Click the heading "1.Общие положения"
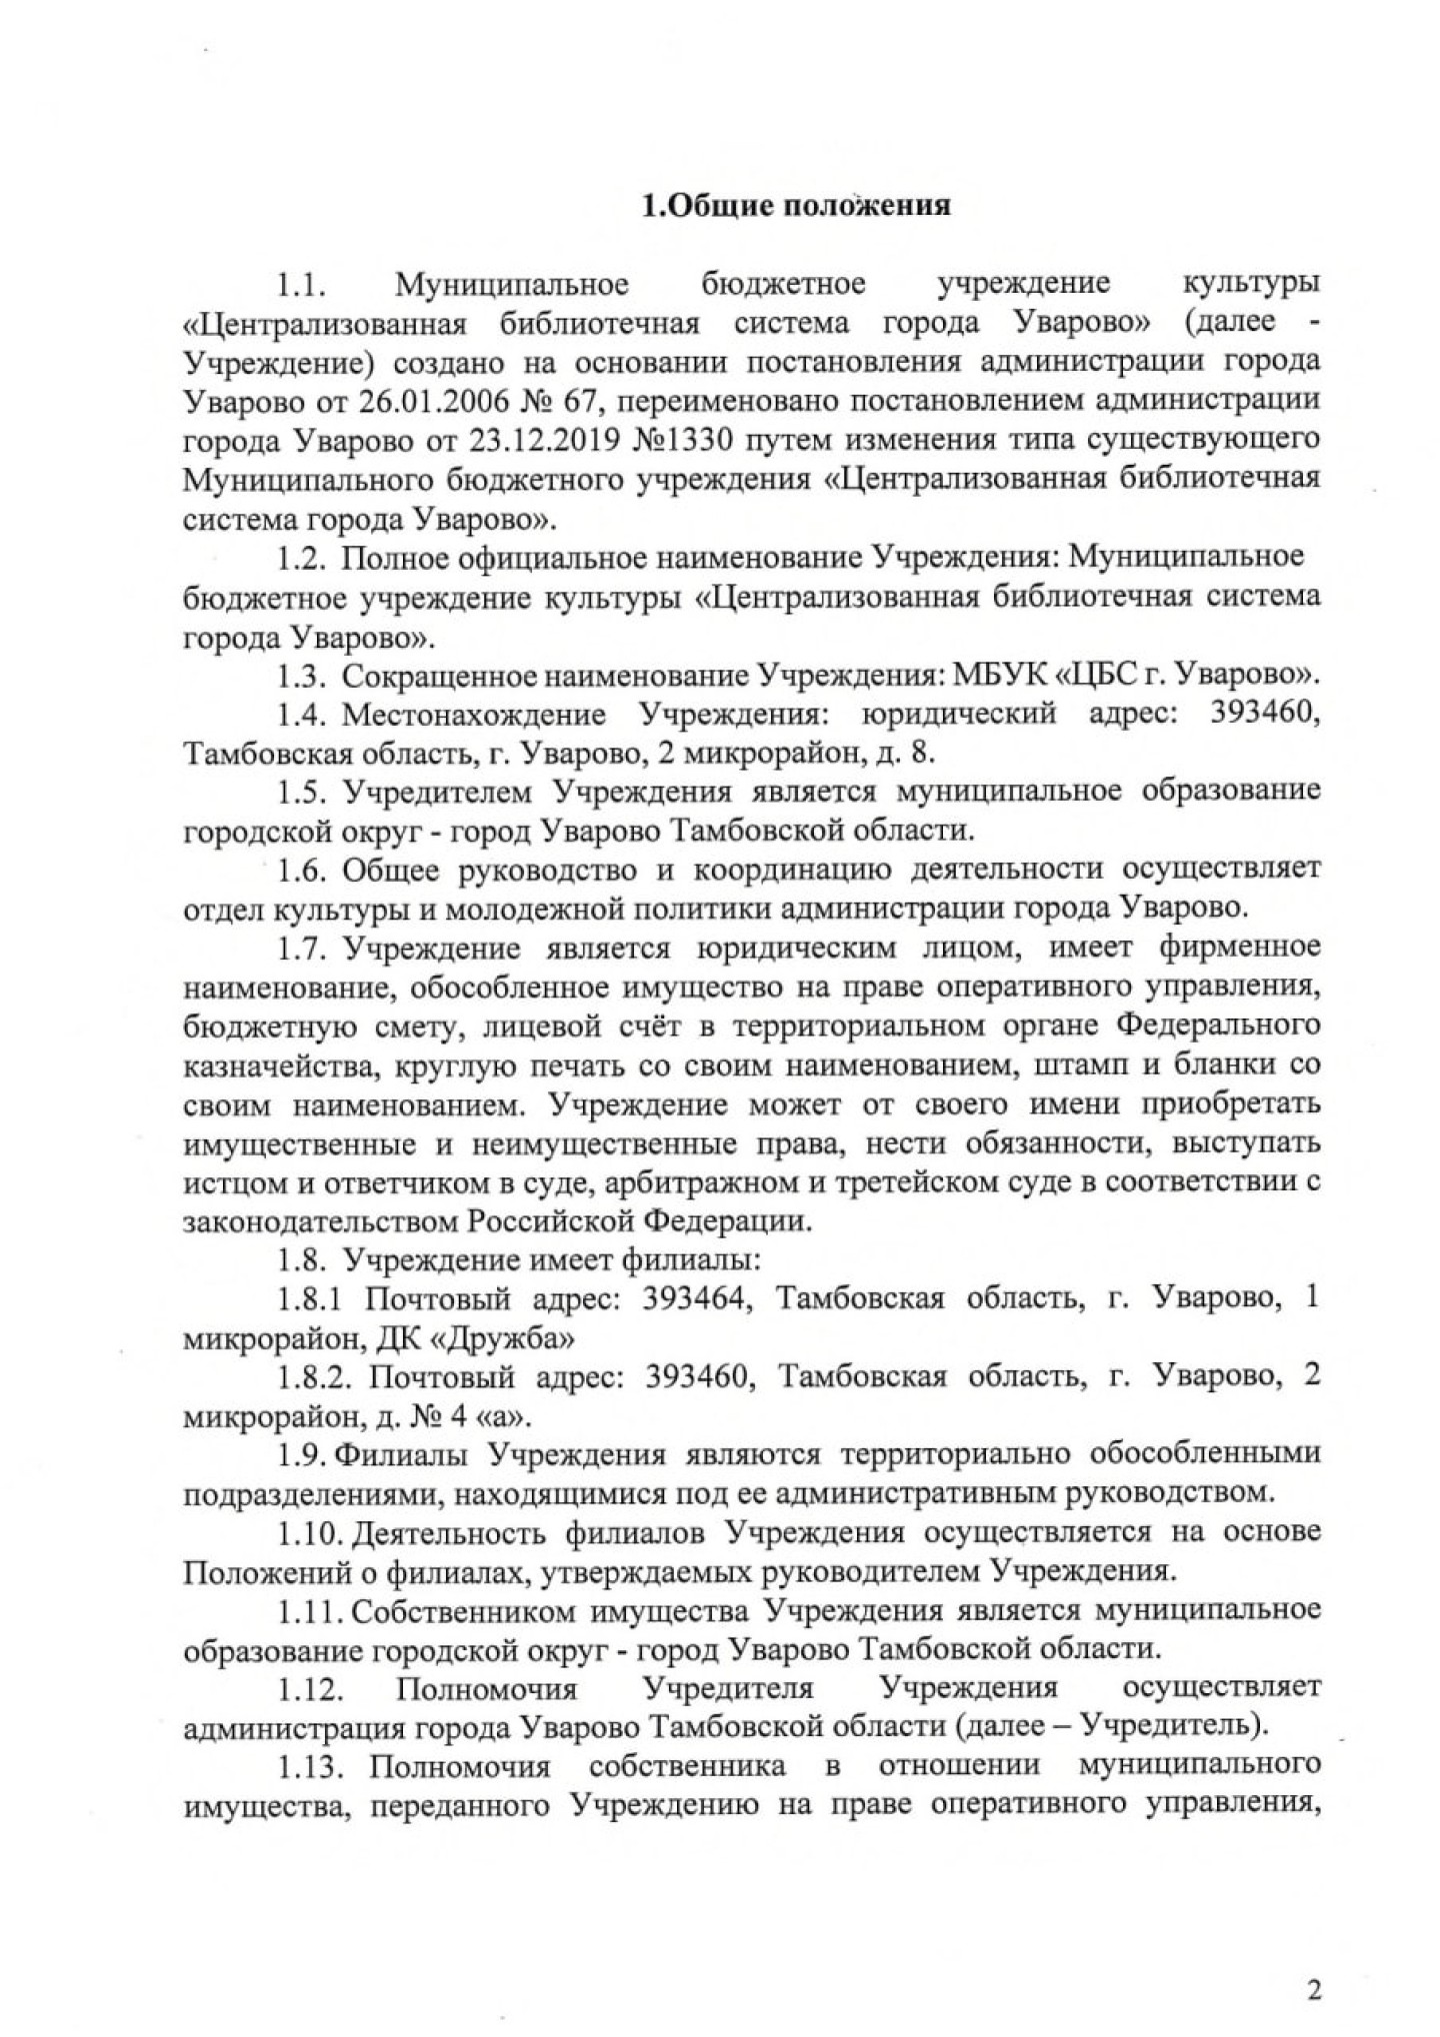794,208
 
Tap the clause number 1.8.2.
314,1377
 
